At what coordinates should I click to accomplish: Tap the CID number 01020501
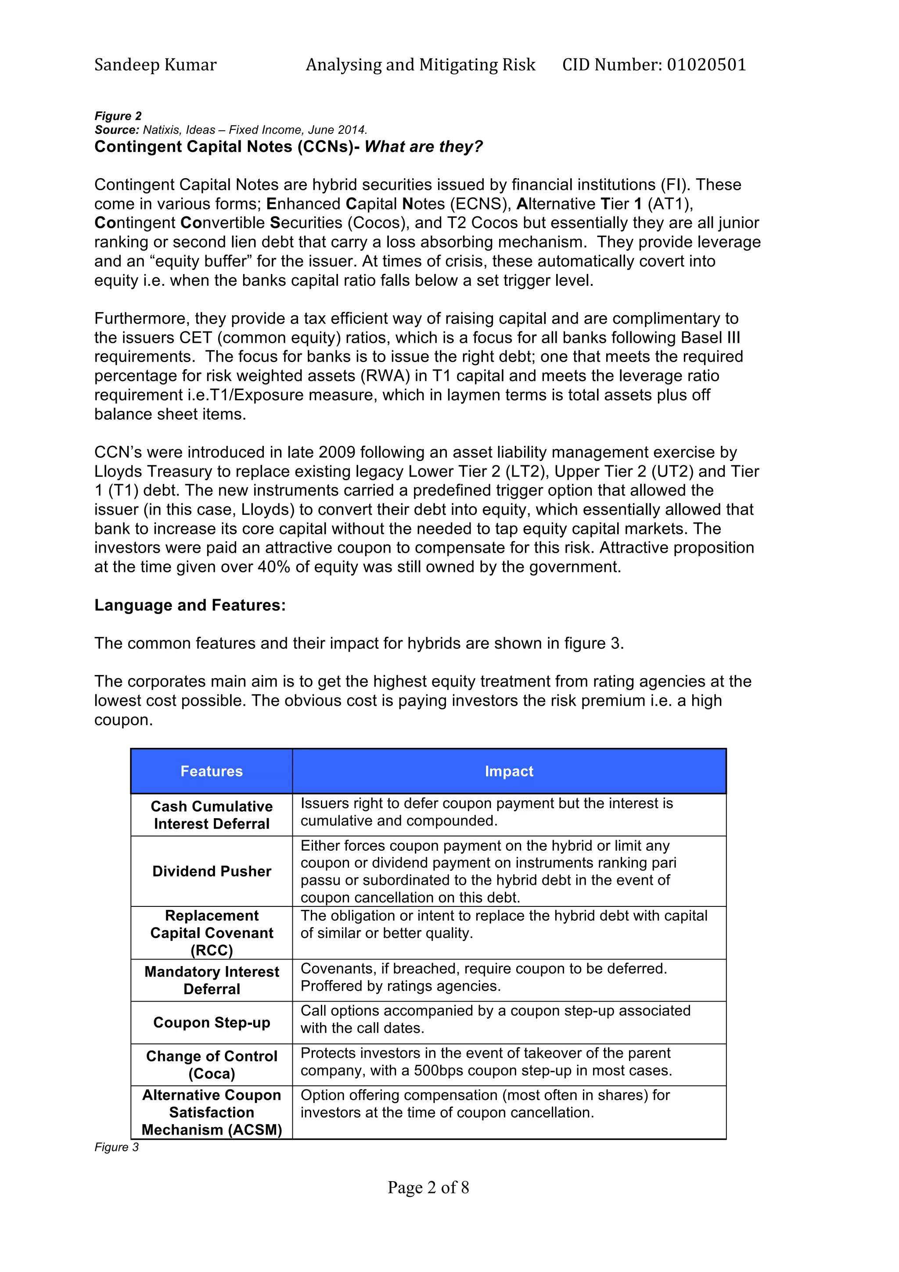click(x=706, y=65)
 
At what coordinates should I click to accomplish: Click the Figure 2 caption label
click(x=118, y=116)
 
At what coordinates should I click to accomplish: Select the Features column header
click(x=211, y=771)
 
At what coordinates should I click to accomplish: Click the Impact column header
click(x=508, y=771)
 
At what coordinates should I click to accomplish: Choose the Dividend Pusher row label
click(x=212, y=871)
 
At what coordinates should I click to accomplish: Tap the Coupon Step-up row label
click(x=212, y=1022)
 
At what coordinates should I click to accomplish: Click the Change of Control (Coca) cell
click(x=212, y=1064)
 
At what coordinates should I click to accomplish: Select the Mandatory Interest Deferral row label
click(x=212, y=980)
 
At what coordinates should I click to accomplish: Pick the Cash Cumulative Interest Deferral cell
click(x=212, y=815)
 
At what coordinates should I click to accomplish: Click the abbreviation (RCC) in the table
click(x=212, y=950)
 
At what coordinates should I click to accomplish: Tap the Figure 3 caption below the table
click(x=116, y=1147)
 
